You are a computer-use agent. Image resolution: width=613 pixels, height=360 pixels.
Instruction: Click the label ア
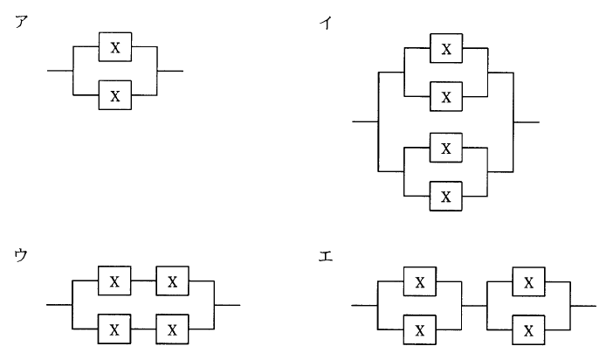click(20, 23)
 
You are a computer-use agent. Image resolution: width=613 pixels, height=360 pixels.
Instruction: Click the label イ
click(327, 23)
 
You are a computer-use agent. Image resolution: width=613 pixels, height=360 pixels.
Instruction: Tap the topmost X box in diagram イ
click(446, 49)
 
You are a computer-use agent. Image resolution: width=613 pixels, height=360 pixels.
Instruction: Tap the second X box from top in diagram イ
click(446, 95)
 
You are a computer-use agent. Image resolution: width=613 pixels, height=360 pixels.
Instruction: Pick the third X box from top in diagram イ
click(446, 149)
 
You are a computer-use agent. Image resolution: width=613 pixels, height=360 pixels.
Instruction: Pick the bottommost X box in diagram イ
click(446, 195)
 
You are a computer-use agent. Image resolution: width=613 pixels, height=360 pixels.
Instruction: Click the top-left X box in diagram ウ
click(115, 281)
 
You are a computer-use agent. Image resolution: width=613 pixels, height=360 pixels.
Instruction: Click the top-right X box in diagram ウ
click(172, 281)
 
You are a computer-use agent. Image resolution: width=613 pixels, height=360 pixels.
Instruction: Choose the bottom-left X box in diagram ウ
click(115, 330)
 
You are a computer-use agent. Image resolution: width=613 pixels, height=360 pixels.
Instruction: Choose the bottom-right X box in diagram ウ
click(172, 330)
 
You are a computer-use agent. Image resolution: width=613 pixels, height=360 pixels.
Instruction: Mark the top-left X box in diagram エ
click(420, 281)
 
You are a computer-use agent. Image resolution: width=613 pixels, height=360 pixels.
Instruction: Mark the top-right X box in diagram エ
click(528, 281)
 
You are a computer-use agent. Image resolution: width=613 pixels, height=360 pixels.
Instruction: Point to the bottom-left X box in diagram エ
click(420, 330)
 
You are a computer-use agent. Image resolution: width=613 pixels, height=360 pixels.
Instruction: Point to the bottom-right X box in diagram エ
click(528, 330)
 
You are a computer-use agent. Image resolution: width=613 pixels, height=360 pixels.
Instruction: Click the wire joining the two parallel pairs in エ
click(474, 306)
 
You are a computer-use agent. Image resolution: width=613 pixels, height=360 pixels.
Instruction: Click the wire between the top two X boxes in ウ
click(143, 281)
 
